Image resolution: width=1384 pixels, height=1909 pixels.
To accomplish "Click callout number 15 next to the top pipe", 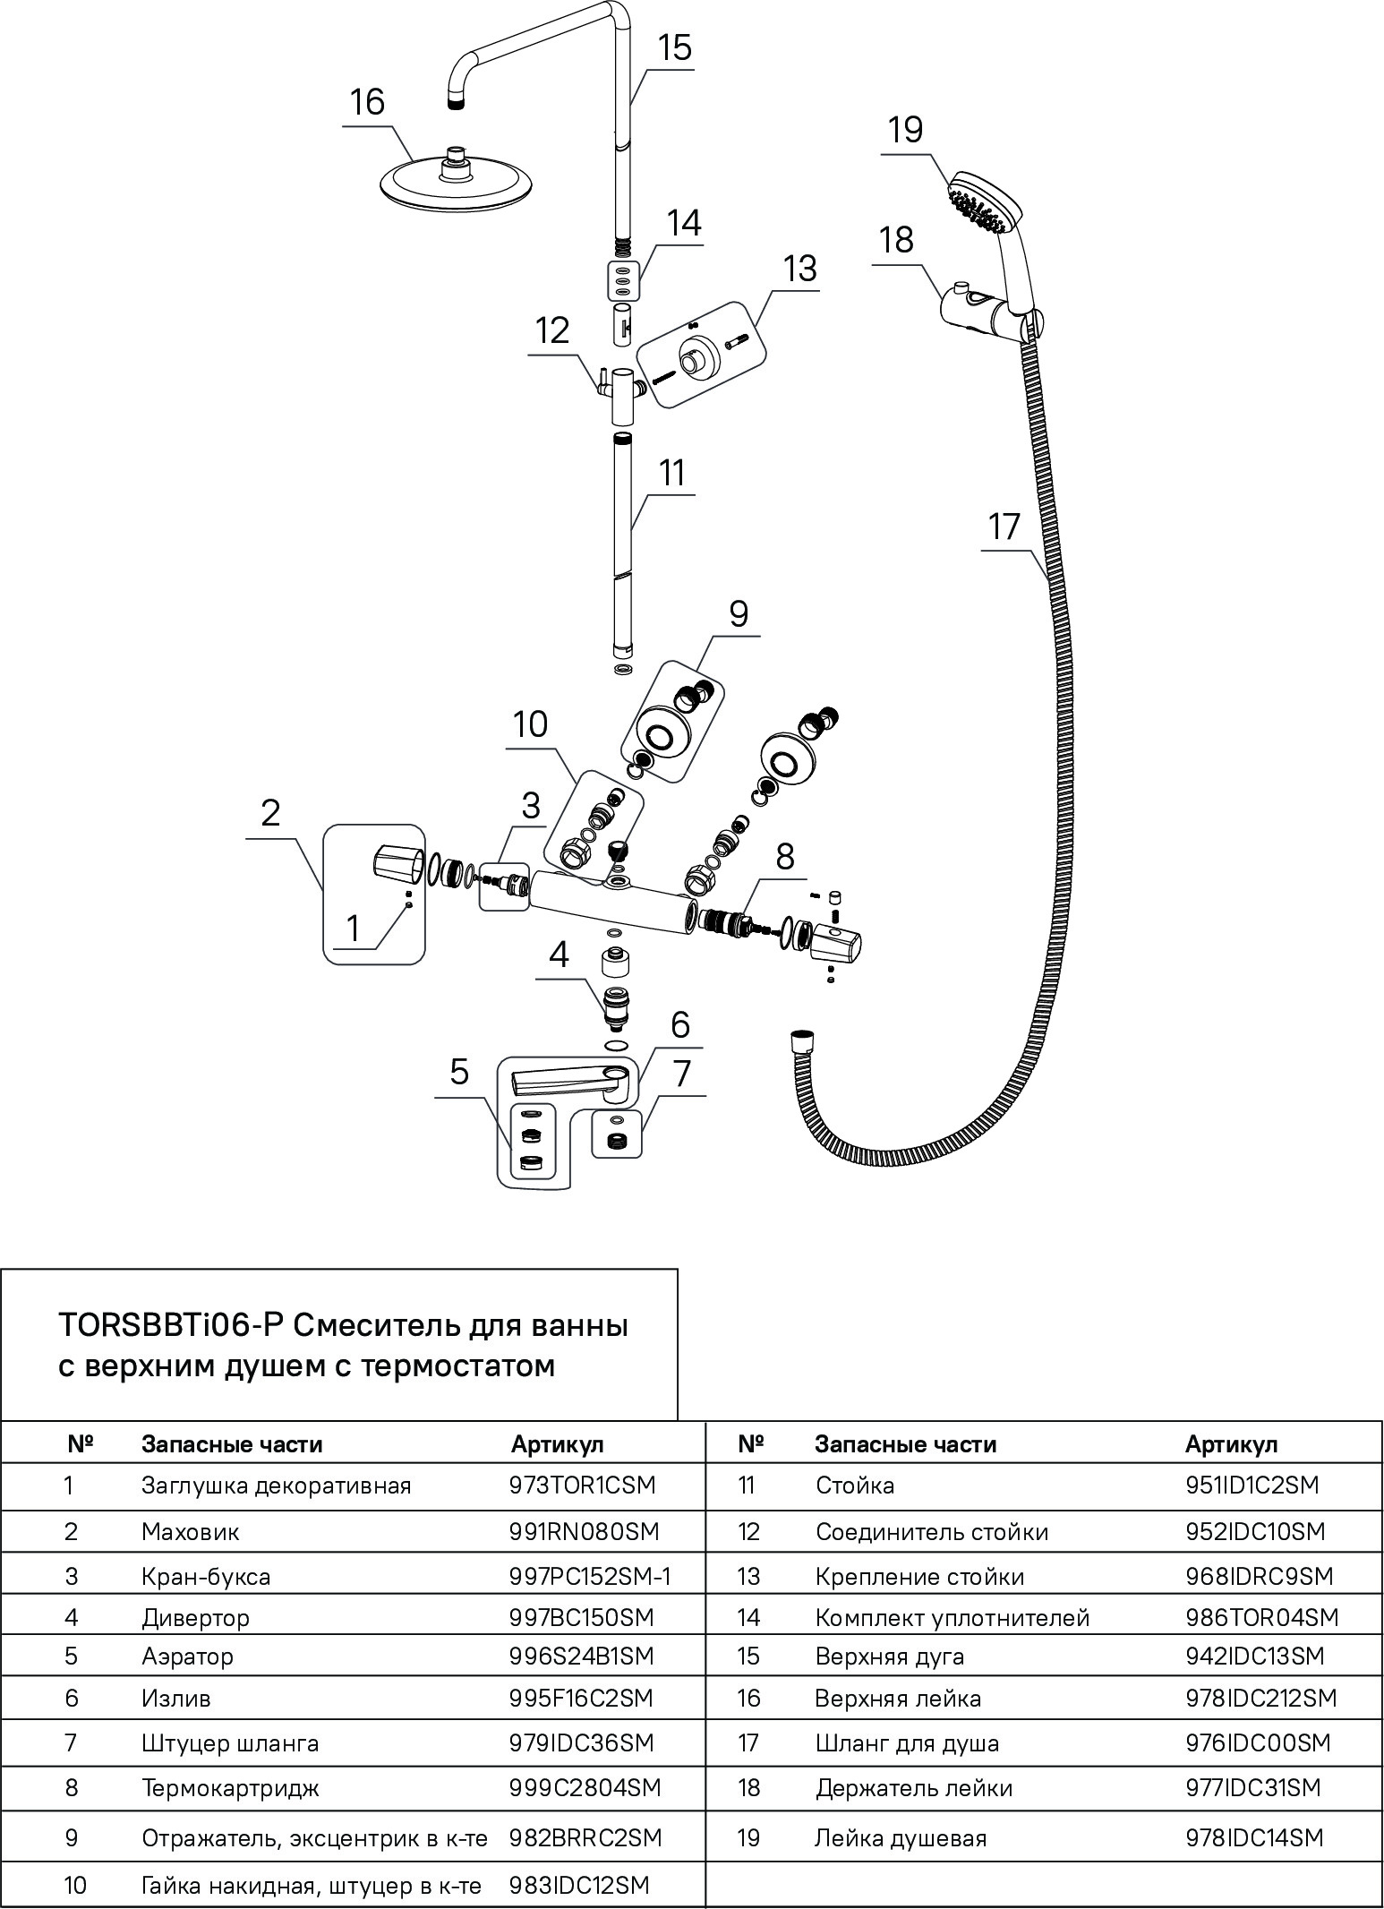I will tap(675, 47).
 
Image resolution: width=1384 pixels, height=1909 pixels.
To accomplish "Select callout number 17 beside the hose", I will tap(1004, 526).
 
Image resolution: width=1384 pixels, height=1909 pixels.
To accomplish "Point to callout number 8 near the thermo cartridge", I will tap(784, 857).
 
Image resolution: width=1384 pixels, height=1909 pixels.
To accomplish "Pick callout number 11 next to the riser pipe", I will tap(671, 472).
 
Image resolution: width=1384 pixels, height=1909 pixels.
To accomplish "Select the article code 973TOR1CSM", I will tap(582, 1485).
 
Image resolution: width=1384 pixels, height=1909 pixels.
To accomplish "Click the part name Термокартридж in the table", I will tap(230, 1788).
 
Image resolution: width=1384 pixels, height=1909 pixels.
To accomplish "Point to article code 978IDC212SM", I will tap(1260, 1699).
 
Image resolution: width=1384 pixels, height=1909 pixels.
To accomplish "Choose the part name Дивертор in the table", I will tap(195, 1618).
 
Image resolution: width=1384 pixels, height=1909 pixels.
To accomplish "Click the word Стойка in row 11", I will tap(854, 1485).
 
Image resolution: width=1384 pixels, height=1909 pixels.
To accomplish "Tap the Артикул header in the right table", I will tap(1231, 1444).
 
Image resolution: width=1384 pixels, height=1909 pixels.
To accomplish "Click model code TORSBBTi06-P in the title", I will tap(170, 1325).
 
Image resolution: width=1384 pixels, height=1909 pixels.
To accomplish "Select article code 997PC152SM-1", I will tap(590, 1576).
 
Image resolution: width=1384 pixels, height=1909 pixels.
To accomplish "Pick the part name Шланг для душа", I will tap(907, 1743).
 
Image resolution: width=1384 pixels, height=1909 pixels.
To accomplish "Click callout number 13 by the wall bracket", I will tap(799, 268).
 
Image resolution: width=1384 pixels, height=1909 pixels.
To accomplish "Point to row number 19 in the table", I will tap(748, 1838).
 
